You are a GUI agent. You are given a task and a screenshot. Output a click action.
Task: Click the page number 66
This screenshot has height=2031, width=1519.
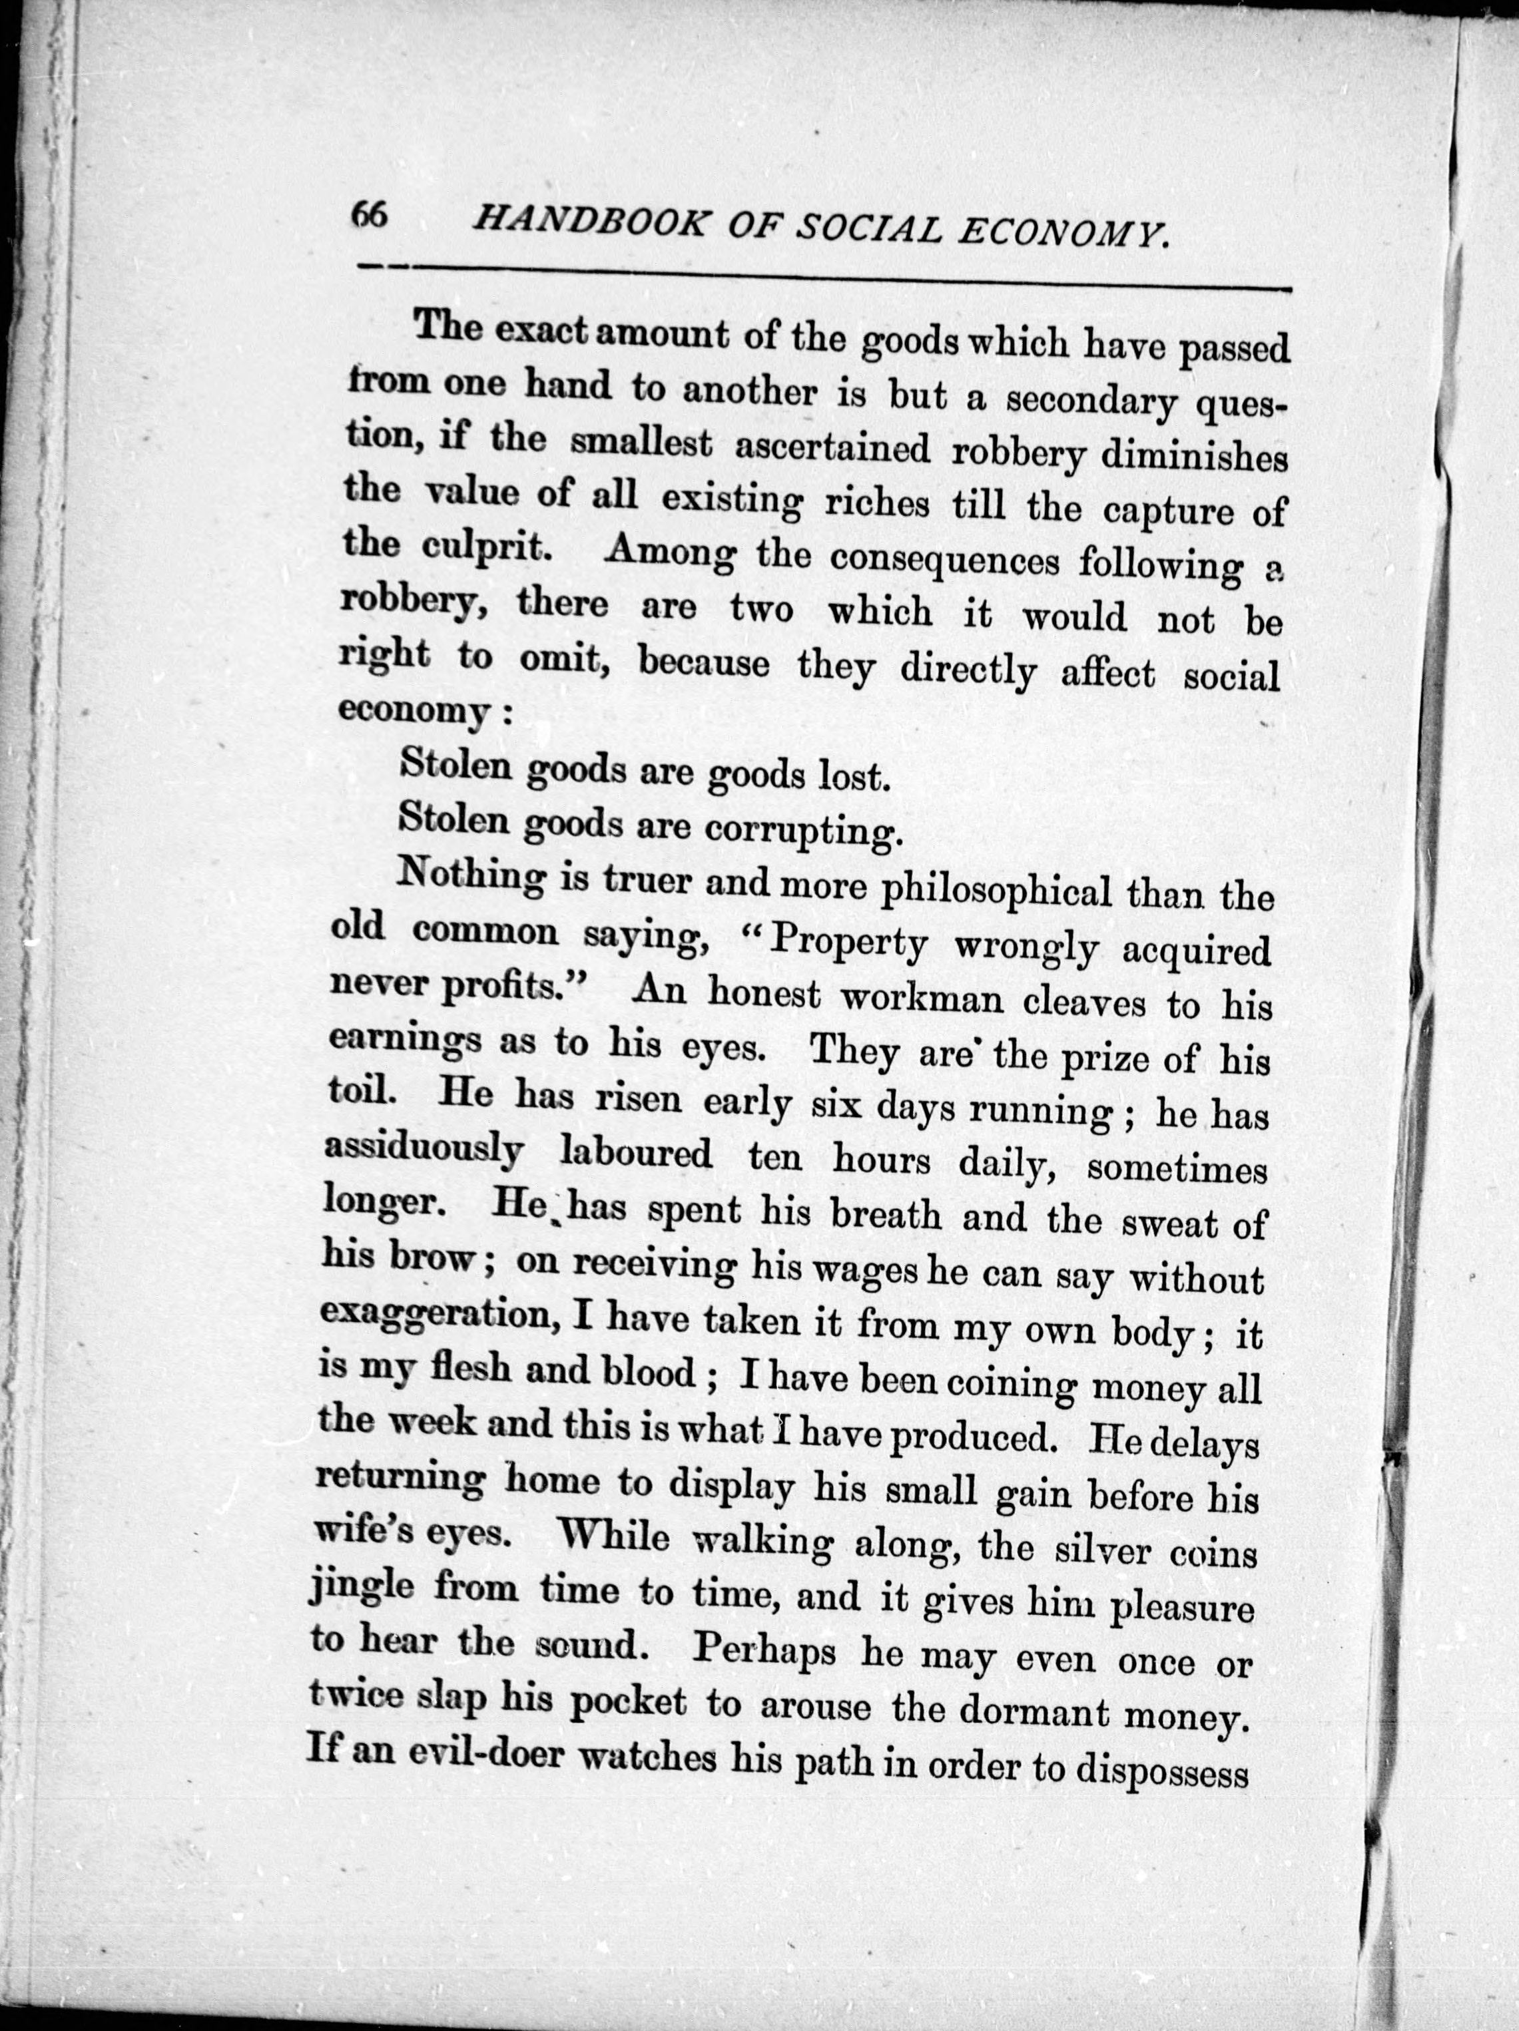tap(370, 217)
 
